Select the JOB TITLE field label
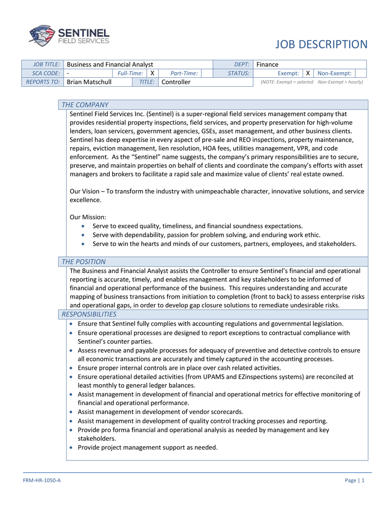[x=46, y=64]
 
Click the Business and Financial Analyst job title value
[x=110, y=64]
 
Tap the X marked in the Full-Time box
[x=152, y=73]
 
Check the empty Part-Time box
[x=206, y=73]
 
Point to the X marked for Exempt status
[x=307, y=73]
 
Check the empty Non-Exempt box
[x=360, y=73]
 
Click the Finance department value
[x=267, y=64]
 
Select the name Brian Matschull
[x=89, y=82]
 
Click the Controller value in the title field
[x=176, y=82]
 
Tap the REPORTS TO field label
[x=43, y=82]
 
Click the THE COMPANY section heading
[x=85, y=104]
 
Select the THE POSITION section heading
[x=84, y=261]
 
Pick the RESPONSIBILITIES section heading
[x=89, y=314]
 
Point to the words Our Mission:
[x=88, y=217]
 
